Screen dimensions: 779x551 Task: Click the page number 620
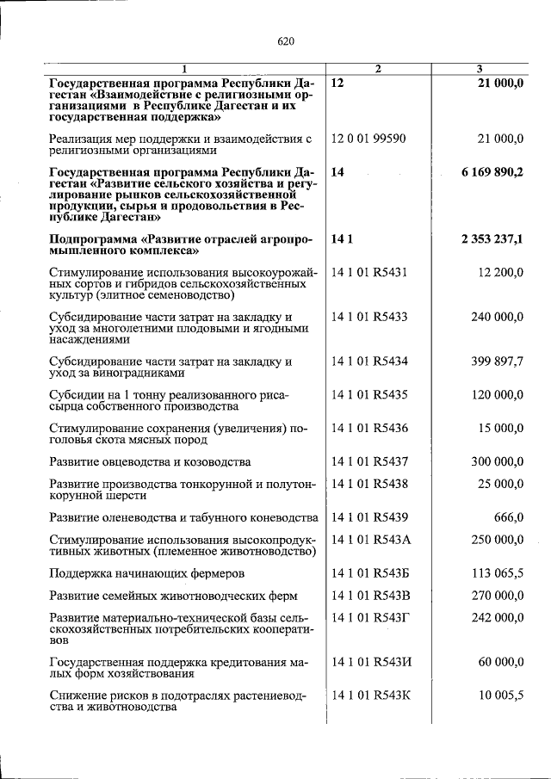286,40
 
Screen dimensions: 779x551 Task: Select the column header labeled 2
377,69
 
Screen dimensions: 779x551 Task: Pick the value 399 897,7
497,362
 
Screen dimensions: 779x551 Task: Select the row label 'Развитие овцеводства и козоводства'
150,462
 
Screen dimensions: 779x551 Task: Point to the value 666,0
509,517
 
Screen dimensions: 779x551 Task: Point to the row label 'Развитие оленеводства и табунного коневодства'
183,517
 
